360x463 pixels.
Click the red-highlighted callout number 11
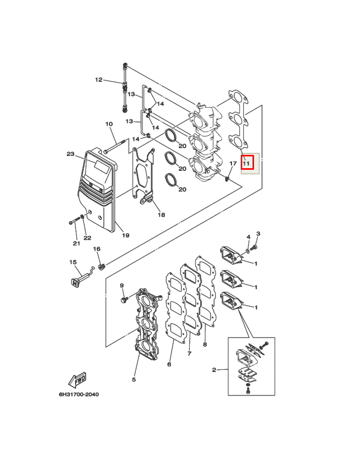tap(246, 163)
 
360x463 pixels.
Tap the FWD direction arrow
tap(77, 380)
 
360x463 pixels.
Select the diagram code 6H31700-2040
tap(79, 394)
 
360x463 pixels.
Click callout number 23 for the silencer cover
tap(70, 154)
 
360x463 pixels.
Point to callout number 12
tap(99, 80)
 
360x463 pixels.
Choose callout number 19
tap(125, 235)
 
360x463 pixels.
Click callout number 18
tap(161, 215)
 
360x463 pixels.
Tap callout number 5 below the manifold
tap(134, 380)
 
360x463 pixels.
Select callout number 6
tap(169, 364)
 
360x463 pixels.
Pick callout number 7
tap(189, 353)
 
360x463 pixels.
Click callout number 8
tap(205, 344)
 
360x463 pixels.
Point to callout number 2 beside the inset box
tap(214, 370)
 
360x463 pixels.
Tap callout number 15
tap(73, 262)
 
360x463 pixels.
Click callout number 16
tap(97, 249)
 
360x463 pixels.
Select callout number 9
tap(121, 286)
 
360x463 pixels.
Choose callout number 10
tap(109, 123)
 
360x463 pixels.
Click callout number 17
tap(233, 163)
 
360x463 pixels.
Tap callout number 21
tap(77, 243)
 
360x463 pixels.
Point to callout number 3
tap(258, 234)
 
